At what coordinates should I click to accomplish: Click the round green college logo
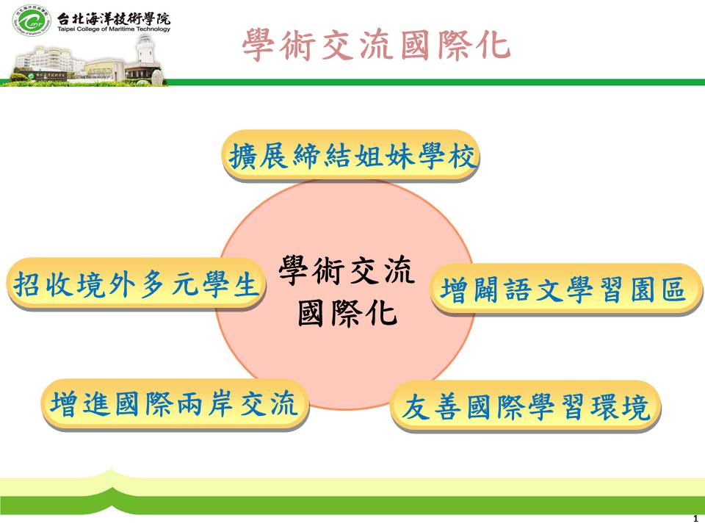(x=32, y=21)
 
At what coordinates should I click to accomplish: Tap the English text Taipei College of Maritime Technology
(x=114, y=29)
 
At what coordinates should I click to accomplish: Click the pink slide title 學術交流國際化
(x=376, y=45)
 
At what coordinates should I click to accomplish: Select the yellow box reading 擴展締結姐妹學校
(x=351, y=156)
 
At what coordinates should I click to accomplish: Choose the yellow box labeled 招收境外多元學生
(x=137, y=284)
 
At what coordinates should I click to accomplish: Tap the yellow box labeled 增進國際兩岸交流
(x=175, y=403)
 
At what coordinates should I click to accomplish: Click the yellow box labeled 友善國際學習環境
(x=526, y=406)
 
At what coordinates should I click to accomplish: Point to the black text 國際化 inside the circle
(x=347, y=313)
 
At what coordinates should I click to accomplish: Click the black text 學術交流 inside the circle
(x=346, y=271)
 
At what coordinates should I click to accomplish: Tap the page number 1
(x=696, y=518)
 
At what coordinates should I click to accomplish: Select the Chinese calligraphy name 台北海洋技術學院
(x=114, y=18)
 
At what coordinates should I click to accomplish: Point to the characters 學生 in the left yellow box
(x=230, y=284)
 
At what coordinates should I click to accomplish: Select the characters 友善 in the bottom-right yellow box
(x=432, y=407)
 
